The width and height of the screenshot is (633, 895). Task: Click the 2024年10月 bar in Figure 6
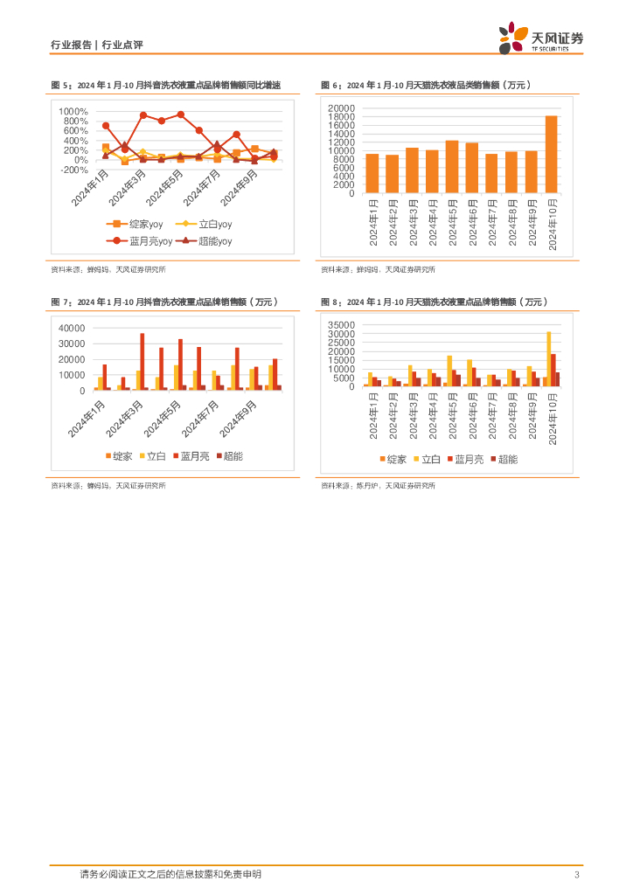tap(552, 154)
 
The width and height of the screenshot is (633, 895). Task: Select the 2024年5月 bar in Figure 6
tap(452, 166)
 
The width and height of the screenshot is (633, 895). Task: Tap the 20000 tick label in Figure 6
tap(342, 108)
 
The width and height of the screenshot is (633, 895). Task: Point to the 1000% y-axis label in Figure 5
tap(73, 112)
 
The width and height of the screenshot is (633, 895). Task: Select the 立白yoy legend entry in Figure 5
tap(203, 225)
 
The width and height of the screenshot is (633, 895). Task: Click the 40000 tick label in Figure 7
tap(71, 328)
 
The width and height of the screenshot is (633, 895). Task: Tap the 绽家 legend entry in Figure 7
tap(118, 456)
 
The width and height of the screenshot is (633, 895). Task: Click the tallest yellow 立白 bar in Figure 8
tap(549, 358)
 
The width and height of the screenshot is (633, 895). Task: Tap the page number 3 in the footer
tap(577, 875)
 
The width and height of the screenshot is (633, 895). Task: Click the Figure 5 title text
tap(166, 85)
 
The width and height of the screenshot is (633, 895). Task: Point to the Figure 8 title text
tap(434, 302)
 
